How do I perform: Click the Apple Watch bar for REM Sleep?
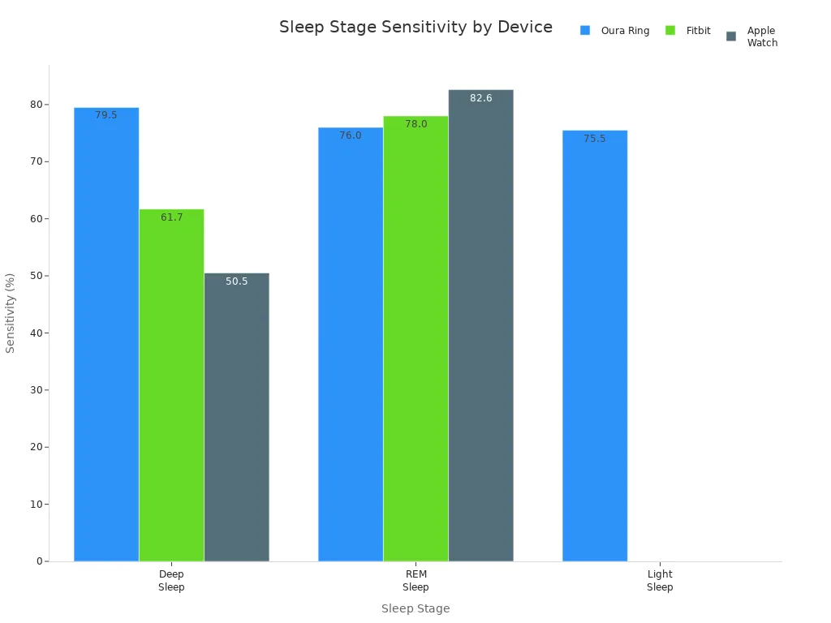(x=480, y=325)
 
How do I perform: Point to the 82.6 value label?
(x=480, y=98)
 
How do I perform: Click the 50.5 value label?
(x=236, y=281)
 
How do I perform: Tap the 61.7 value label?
(x=171, y=217)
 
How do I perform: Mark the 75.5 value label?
(x=595, y=139)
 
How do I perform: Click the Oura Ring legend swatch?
(x=585, y=31)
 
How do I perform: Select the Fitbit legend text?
(x=698, y=31)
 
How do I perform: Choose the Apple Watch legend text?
(x=762, y=37)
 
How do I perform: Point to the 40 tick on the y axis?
(x=36, y=333)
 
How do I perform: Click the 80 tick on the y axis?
(x=36, y=105)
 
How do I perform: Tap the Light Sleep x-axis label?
(x=660, y=581)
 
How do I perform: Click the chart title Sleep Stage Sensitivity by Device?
(x=415, y=27)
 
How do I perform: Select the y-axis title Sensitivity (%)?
(x=11, y=312)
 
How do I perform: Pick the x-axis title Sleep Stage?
(x=415, y=608)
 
